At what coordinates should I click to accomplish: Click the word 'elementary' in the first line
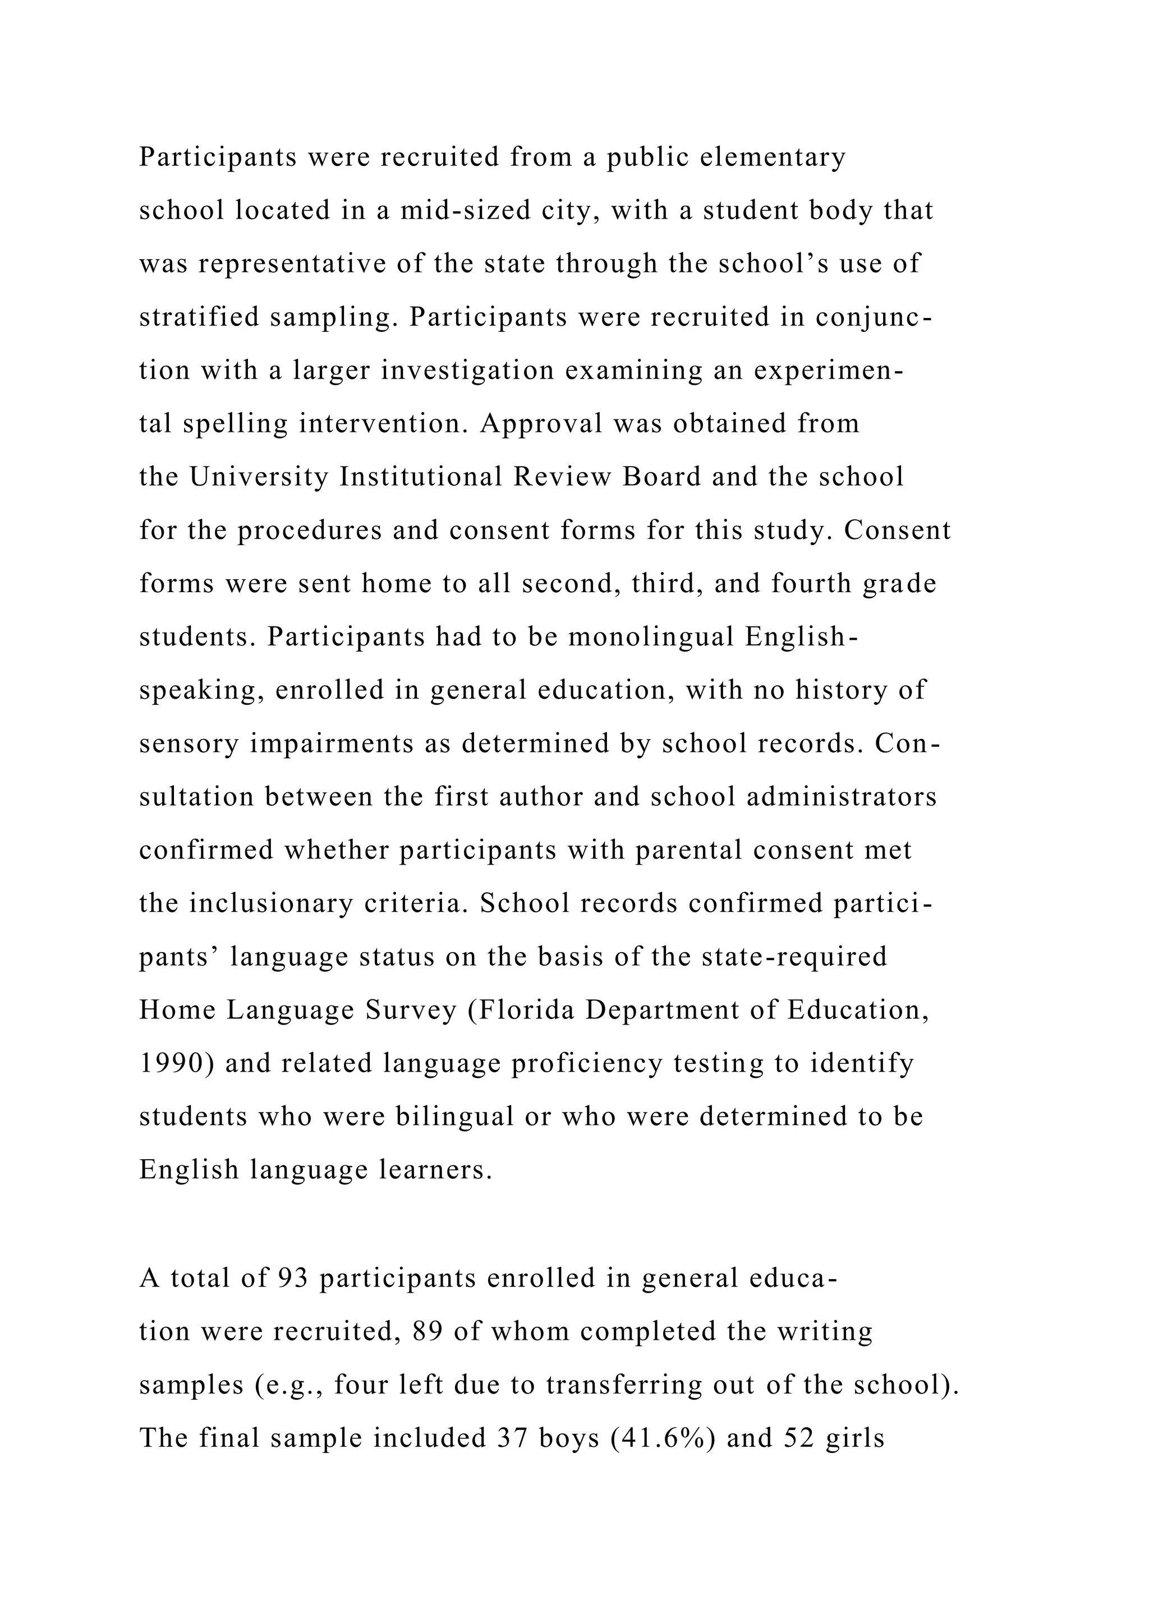tap(773, 157)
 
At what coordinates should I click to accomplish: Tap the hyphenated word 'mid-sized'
tap(465, 210)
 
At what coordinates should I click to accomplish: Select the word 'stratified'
tap(200, 317)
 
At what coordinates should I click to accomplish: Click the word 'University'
tap(259, 477)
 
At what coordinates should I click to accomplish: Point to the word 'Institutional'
tap(421, 477)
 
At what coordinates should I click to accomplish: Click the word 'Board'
tap(661, 477)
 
